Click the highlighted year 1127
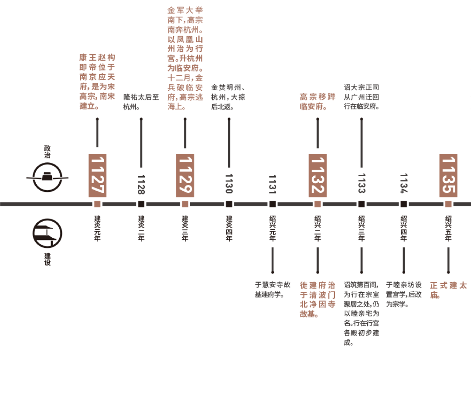(x=97, y=175)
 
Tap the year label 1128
(x=141, y=184)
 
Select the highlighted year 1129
(x=185, y=175)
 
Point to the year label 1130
(x=229, y=184)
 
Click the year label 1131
(x=273, y=184)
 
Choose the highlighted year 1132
(x=317, y=175)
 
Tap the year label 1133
(x=361, y=184)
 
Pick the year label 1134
(x=404, y=184)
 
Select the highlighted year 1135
(x=448, y=175)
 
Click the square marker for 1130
(x=229, y=204)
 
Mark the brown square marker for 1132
(x=317, y=204)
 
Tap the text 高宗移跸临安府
(x=317, y=101)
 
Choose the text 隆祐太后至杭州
(x=141, y=101)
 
